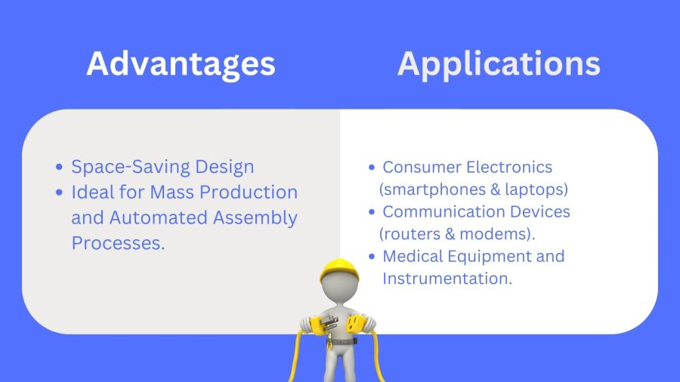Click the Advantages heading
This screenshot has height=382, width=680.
181,64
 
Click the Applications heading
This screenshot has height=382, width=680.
499,64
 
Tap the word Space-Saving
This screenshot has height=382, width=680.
130,167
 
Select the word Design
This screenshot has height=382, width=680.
224,167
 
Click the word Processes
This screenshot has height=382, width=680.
118,243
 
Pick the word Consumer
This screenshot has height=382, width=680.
418,167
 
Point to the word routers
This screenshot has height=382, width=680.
410,234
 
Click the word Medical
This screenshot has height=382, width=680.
413,257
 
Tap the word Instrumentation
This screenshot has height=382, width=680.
447,279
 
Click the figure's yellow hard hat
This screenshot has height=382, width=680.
339,270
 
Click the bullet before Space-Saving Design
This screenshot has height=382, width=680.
60,167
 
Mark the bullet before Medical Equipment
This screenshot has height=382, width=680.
372,257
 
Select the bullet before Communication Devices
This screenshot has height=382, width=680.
372,212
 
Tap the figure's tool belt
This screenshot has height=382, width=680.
342,342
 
